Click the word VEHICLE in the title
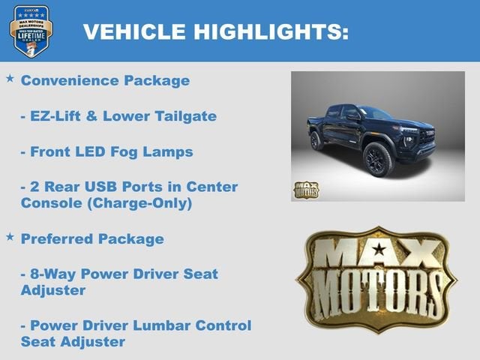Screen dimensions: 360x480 tap(131, 31)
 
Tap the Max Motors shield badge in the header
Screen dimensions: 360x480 tap(31, 31)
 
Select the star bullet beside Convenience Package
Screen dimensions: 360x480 tap(10, 78)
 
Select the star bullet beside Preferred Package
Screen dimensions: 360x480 tap(10, 236)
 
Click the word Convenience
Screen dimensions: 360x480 tap(71, 80)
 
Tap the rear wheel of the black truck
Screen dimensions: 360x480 tap(317, 140)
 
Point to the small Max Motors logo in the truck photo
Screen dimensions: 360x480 tap(305, 189)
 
